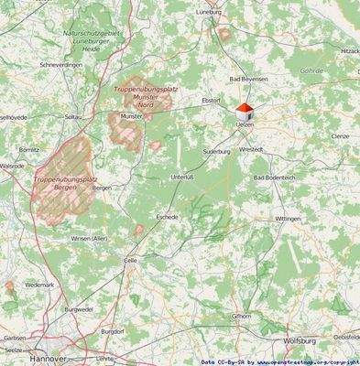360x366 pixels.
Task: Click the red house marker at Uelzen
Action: [244, 111]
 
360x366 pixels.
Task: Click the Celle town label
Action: [131, 260]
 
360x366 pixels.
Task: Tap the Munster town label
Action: [131, 116]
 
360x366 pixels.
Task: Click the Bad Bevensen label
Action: [248, 80]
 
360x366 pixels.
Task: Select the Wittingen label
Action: [288, 220]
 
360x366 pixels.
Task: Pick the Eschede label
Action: [167, 218]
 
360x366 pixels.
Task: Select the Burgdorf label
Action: [112, 330]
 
